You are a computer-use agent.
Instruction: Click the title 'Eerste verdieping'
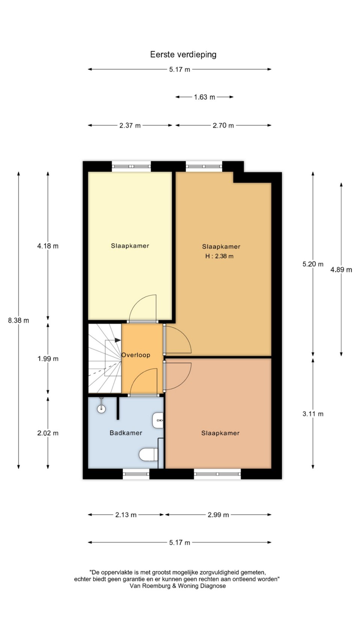[183, 55]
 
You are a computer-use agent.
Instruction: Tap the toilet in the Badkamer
[148, 454]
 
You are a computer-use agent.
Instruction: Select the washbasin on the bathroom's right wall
[158, 420]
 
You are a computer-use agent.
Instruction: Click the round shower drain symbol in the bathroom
[101, 409]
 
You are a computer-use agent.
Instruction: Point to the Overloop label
[136, 355]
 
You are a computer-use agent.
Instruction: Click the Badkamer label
[126, 433]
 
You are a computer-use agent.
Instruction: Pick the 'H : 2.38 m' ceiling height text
[219, 256]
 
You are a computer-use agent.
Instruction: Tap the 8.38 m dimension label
[19, 320]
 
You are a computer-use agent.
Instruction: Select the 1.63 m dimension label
[205, 97]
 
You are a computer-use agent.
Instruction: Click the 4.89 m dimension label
[341, 270]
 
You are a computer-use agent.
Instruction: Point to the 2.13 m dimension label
[126, 515]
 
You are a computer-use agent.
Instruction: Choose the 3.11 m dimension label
[313, 414]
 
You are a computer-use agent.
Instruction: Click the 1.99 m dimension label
[48, 358]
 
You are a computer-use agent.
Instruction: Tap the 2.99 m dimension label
[218, 515]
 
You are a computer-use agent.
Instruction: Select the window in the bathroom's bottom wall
[136, 474]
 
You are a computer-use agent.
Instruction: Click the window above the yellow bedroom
[131, 166]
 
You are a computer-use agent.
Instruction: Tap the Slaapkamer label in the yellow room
[130, 246]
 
